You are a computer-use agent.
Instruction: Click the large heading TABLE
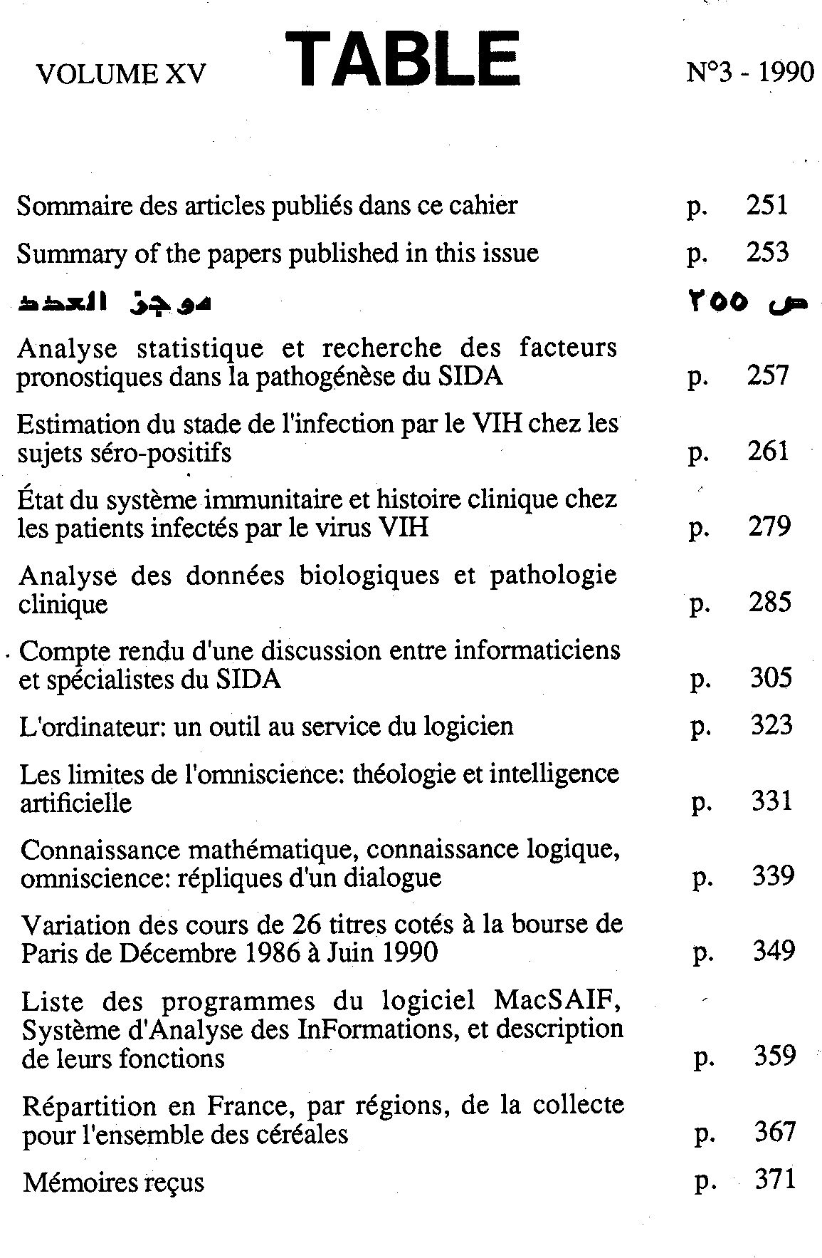[x=403, y=58]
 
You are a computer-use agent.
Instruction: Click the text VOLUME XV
[x=121, y=74]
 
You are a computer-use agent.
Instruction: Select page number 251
[x=767, y=205]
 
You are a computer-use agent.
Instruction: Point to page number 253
[x=767, y=252]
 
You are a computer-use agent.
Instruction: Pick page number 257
[x=768, y=375]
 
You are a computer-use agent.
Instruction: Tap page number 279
[x=769, y=526]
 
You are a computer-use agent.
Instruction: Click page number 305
[x=771, y=677]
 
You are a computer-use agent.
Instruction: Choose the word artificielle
[x=76, y=804]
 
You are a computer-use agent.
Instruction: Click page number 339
[x=773, y=875]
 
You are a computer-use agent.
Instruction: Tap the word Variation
[x=73, y=925]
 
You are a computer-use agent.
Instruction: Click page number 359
[x=774, y=1056]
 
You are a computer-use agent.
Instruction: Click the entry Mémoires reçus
[x=113, y=1182]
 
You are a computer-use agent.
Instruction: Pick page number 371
[x=774, y=1180]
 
